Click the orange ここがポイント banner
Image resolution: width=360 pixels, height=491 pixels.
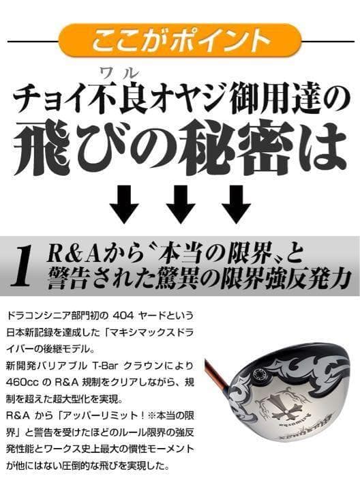point(180,40)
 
